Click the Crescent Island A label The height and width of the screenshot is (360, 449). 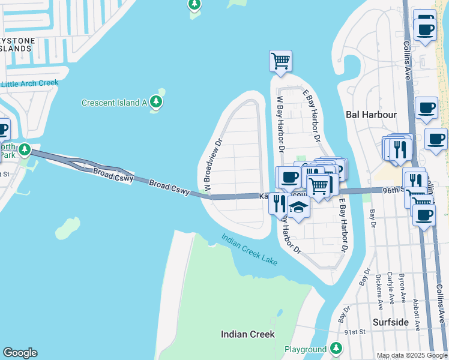coord(114,103)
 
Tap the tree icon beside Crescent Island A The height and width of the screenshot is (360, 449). coord(157,101)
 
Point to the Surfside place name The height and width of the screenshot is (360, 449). coord(391,322)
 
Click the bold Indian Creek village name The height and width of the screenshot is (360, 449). coord(247,334)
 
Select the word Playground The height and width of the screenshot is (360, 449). coord(305,349)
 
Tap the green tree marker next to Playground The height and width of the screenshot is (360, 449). coord(336,348)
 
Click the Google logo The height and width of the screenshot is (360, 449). coord(20,353)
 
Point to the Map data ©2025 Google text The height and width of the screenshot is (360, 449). coord(412,355)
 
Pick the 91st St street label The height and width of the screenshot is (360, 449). coord(355,332)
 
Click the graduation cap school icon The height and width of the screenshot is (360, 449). coord(298,208)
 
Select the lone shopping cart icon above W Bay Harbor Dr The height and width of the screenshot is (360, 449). coord(280,61)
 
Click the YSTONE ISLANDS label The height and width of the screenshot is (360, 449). coord(17,44)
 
